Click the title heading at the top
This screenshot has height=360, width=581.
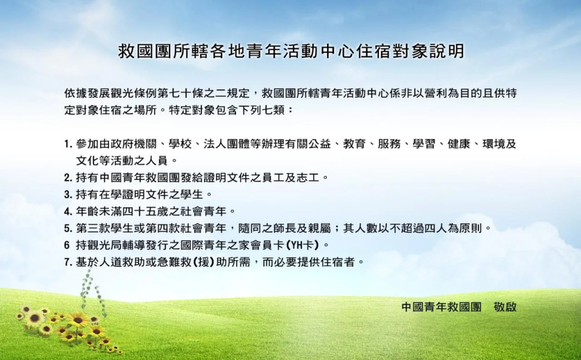[x=291, y=51]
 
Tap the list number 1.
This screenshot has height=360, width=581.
[x=68, y=144]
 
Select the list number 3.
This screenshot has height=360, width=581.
[x=68, y=194]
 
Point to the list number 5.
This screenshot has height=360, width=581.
[x=68, y=228]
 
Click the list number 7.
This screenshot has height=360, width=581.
[x=68, y=262]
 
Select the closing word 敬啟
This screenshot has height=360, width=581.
[x=504, y=307]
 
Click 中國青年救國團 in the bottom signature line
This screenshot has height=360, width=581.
[x=441, y=307]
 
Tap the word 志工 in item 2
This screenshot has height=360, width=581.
[x=308, y=178]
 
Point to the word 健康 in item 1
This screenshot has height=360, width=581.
[x=458, y=144]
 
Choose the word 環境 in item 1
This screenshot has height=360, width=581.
[x=493, y=144]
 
